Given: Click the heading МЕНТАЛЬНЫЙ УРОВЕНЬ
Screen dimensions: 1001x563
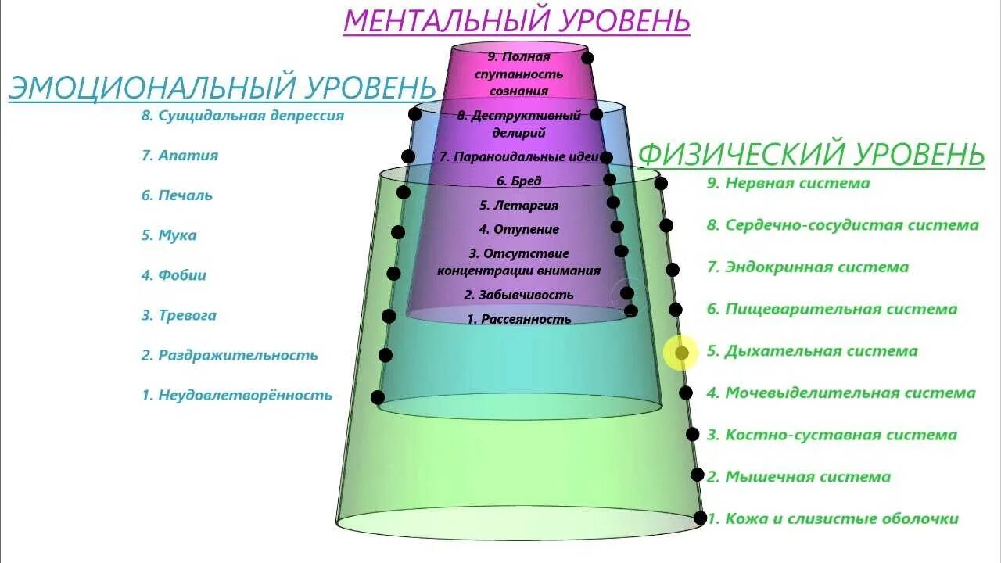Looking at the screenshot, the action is click(516, 20).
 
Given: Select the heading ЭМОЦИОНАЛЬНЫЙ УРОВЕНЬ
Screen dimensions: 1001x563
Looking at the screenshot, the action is click(222, 87).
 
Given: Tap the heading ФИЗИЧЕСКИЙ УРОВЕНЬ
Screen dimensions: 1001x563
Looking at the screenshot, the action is click(812, 154).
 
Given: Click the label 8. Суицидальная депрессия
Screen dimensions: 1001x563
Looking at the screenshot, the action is click(242, 116).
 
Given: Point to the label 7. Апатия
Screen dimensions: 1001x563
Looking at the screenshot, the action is click(180, 156).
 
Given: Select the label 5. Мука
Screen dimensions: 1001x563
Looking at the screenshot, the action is click(169, 235).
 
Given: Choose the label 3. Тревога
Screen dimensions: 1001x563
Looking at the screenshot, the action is click(179, 316).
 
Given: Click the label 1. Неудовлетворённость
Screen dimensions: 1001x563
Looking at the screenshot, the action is click(237, 396).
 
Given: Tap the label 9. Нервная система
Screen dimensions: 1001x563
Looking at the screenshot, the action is click(788, 184).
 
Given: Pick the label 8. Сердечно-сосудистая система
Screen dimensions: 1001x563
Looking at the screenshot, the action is click(842, 225).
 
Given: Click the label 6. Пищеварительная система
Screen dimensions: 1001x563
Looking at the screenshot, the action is click(832, 310).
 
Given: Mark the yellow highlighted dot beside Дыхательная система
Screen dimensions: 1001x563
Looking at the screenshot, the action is click(681, 353).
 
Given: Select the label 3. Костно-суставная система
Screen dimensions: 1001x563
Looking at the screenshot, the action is click(832, 436).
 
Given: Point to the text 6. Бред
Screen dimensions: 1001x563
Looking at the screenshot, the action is click(519, 181).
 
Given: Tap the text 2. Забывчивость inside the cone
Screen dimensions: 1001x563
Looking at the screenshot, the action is click(518, 296).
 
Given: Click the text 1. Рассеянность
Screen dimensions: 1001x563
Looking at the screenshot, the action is click(518, 319).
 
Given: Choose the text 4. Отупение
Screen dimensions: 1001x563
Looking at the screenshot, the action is click(518, 230).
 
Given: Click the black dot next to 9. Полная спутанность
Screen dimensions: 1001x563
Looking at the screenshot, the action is click(587, 58).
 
